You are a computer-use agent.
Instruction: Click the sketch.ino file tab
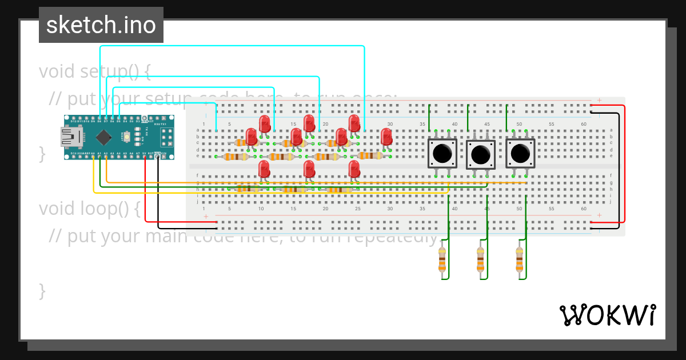(101, 25)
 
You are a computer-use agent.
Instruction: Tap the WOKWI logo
(607, 315)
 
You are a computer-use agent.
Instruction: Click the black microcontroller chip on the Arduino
(103, 137)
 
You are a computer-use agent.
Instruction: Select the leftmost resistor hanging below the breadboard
(442, 260)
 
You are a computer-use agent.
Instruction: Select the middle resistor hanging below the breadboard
(480, 260)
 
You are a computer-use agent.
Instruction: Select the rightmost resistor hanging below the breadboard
(519, 260)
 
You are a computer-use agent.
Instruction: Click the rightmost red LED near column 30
(386, 136)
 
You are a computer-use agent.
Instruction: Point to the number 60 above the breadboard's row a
(584, 124)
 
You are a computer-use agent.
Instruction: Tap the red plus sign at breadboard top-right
(599, 101)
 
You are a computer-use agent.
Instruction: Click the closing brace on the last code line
(42, 291)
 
